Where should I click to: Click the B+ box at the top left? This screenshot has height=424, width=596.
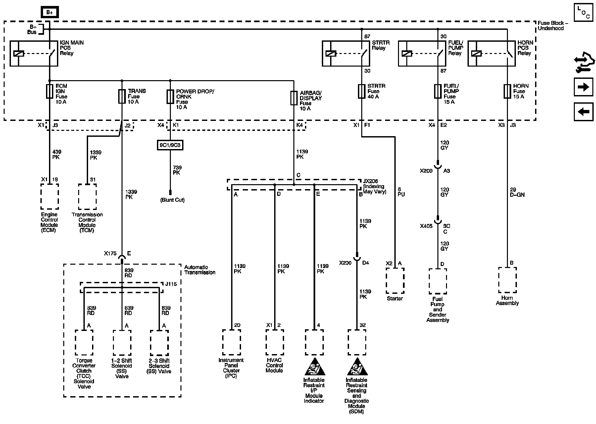[x=50, y=12]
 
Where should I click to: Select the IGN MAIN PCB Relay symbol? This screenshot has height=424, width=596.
[x=34, y=53]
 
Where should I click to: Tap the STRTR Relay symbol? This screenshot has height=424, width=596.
[x=346, y=53]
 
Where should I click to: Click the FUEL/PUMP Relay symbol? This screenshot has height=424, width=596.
[x=422, y=53]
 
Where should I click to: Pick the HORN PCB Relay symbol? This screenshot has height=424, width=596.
[x=491, y=53]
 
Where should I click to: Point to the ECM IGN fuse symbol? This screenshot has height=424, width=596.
[x=50, y=91]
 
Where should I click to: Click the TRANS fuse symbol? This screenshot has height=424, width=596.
[x=122, y=96]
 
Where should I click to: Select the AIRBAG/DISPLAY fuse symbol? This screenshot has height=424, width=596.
[x=294, y=98]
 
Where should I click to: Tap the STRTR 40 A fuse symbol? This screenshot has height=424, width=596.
[x=362, y=91]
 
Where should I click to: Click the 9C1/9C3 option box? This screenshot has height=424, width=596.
[x=170, y=145]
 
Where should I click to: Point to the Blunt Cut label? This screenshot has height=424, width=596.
[x=172, y=200]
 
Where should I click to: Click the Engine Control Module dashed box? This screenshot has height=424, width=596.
[x=50, y=197]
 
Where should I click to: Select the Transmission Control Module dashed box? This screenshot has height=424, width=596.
[x=87, y=197]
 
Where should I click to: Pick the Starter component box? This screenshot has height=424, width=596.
[x=395, y=281]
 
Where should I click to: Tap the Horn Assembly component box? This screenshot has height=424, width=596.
[x=507, y=280]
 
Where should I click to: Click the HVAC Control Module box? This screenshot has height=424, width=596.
[x=274, y=342]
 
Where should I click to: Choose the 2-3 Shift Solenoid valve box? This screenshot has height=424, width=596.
[x=159, y=343]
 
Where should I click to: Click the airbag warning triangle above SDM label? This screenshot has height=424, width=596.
[x=357, y=367]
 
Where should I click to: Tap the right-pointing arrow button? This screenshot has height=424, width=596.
[x=583, y=87]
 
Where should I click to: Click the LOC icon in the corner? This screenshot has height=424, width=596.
[x=583, y=13]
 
